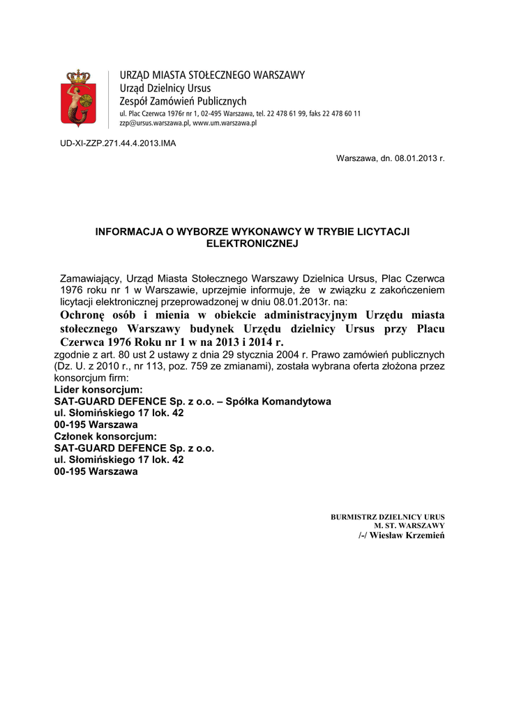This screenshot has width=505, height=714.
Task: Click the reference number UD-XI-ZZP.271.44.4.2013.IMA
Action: (118, 143)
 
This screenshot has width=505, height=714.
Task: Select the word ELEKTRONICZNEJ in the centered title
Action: (252, 243)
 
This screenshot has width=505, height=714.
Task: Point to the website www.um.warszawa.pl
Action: (225, 123)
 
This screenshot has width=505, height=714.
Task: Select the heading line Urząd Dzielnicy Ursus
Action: (165, 89)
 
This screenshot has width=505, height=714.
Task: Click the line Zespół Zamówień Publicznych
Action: (183, 102)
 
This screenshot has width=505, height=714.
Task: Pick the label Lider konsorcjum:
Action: (98, 390)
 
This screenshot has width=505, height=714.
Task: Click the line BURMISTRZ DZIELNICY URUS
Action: (387, 517)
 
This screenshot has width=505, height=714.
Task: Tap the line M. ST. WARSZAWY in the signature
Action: (409, 525)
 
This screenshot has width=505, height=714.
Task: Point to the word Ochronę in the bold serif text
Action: (83, 314)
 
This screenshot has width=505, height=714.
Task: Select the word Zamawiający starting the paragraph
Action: (91, 278)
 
